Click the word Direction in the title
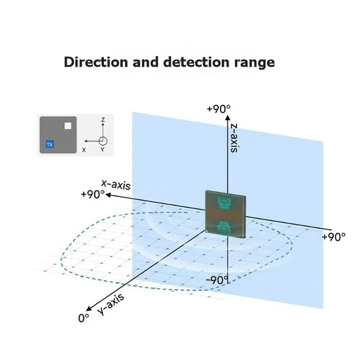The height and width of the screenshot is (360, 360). pos(96,62)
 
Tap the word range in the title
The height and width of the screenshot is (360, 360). pos(254,63)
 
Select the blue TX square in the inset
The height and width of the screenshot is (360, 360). pos(49,144)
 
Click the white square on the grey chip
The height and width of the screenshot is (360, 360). pos(68,126)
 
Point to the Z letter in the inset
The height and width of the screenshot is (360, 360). pos(103,120)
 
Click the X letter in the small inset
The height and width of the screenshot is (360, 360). pos(84,150)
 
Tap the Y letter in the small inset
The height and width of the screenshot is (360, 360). pos(103,150)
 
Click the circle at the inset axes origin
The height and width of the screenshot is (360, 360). pos(103,141)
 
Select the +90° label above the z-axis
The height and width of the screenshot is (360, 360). pos(219,109)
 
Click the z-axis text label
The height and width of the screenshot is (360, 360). pos(234,138)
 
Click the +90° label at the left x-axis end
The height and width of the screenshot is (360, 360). pos(93,194)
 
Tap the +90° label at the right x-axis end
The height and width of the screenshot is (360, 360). pos(333,237)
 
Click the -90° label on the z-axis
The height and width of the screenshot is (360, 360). pos(217,280)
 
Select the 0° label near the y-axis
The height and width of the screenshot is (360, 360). pos(84,318)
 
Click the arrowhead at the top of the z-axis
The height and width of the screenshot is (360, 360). pos(228,117)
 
